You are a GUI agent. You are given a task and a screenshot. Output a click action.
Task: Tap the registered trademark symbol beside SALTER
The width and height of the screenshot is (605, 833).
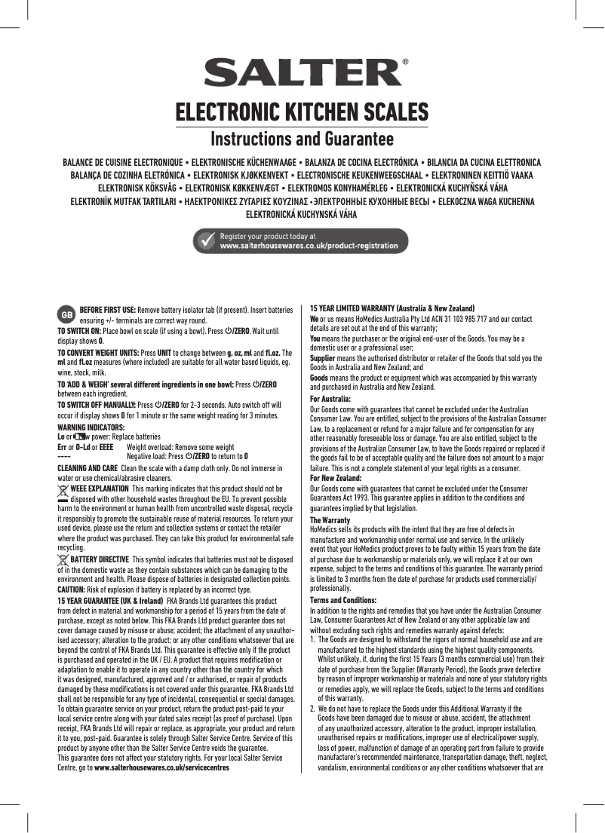[x=407, y=63]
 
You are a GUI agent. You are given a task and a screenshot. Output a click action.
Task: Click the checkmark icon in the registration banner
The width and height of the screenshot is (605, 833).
[x=206, y=240]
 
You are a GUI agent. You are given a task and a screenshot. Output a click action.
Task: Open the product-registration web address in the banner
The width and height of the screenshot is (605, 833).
[x=309, y=246]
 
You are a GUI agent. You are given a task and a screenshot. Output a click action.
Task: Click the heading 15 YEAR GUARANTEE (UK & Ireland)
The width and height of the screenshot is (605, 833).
[x=111, y=600]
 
